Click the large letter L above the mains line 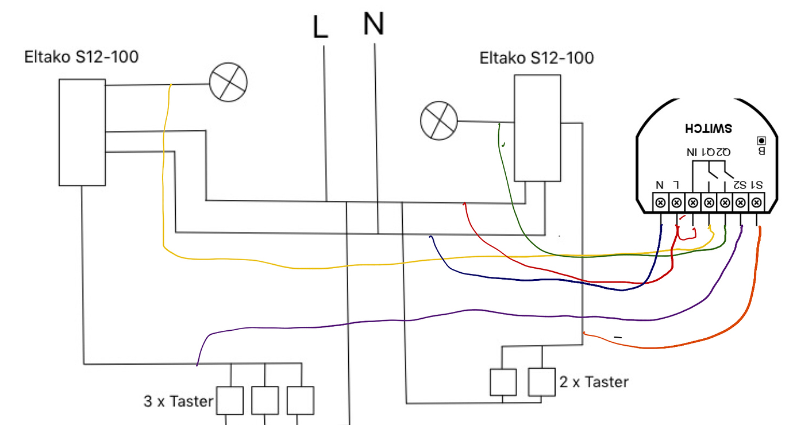(x=321, y=28)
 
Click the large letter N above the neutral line (x=374, y=24)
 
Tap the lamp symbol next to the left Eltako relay (x=228, y=83)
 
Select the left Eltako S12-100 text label (x=81, y=57)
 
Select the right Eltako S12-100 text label (x=537, y=58)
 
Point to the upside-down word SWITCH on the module (x=709, y=127)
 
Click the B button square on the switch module (x=762, y=140)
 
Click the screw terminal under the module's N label (x=661, y=202)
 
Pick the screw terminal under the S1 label (x=757, y=202)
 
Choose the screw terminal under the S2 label (x=741, y=202)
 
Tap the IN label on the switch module (x=692, y=152)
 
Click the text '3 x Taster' (x=178, y=401)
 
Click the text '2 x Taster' (x=594, y=381)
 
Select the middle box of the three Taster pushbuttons (x=265, y=400)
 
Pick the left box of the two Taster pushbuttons (x=503, y=382)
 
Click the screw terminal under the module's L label (x=677, y=202)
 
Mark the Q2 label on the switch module (x=723, y=152)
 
